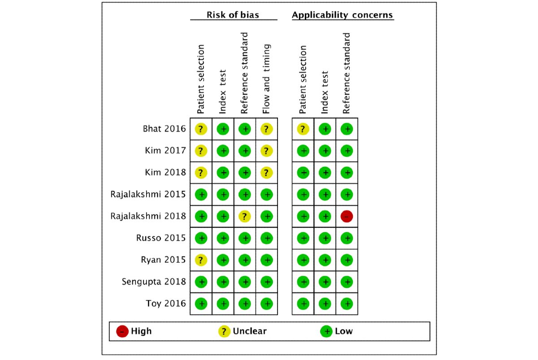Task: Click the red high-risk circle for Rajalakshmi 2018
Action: pyautogui.click(x=347, y=216)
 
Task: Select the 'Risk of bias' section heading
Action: pyautogui.click(x=233, y=15)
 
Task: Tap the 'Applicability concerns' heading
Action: pyautogui.click(x=343, y=15)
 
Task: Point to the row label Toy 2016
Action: pyautogui.click(x=166, y=304)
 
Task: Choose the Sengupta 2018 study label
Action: pyautogui.click(x=154, y=282)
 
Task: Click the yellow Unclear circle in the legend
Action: pyautogui.click(x=224, y=331)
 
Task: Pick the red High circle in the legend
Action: pyautogui.click(x=122, y=331)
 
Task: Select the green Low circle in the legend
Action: pyautogui.click(x=326, y=331)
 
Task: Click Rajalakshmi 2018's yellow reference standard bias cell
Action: pyautogui.click(x=245, y=216)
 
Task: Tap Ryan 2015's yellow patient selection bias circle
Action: pyautogui.click(x=201, y=260)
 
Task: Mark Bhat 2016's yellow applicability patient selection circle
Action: pyautogui.click(x=303, y=129)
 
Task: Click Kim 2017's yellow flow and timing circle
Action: pyautogui.click(x=267, y=151)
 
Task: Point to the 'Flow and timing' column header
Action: pyautogui.click(x=267, y=79)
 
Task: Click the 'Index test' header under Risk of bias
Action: pyautogui.click(x=223, y=92)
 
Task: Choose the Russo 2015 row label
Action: pyautogui.click(x=161, y=238)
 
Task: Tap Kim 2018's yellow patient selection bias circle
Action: pyautogui.click(x=201, y=173)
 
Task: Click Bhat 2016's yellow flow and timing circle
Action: pyautogui.click(x=267, y=129)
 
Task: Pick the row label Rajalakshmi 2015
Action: pyautogui.click(x=148, y=194)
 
